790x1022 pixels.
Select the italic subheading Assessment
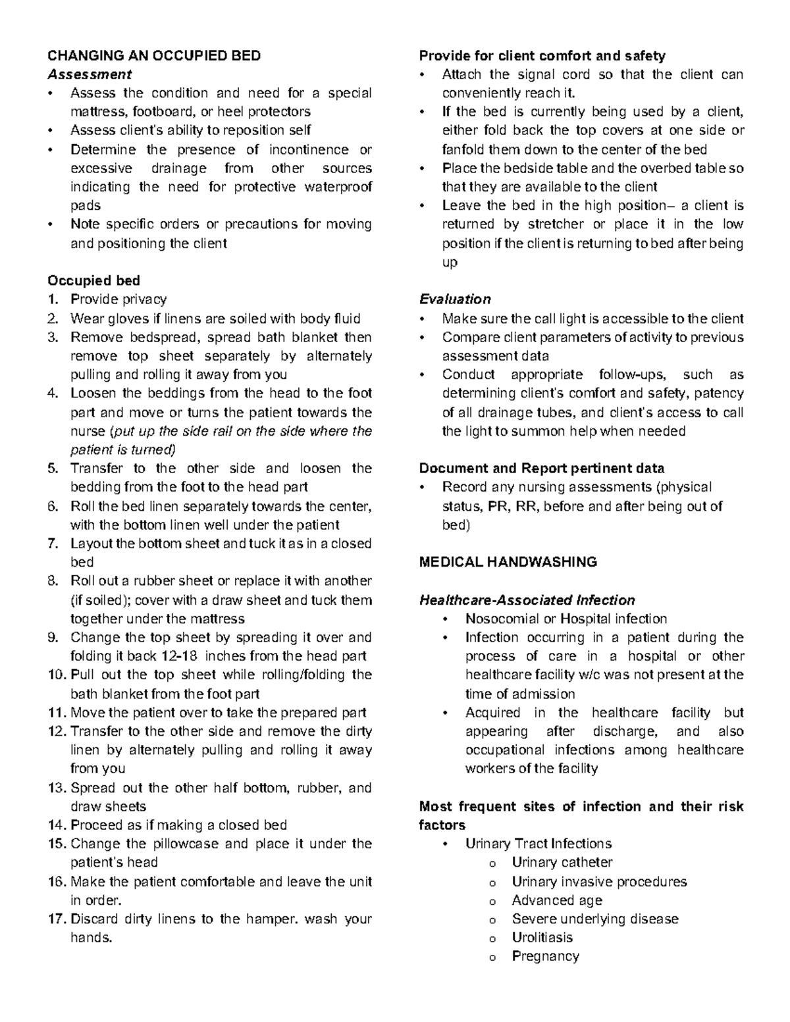pyautogui.click(x=90, y=74)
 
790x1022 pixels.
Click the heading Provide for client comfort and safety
pyautogui.click(x=542, y=55)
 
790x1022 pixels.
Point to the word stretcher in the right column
pyautogui.click(x=551, y=224)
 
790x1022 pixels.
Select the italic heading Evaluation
pyautogui.click(x=455, y=299)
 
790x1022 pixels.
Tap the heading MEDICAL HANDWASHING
pyautogui.click(x=508, y=562)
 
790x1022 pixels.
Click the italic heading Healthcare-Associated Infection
pyautogui.click(x=527, y=600)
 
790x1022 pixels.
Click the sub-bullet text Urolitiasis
pyautogui.click(x=542, y=937)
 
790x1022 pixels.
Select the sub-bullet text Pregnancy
pyautogui.click(x=545, y=956)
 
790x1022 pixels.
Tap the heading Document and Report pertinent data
pyautogui.click(x=541, y=469)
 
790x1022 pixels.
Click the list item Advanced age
pyautogui.click(x=556, y=900)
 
